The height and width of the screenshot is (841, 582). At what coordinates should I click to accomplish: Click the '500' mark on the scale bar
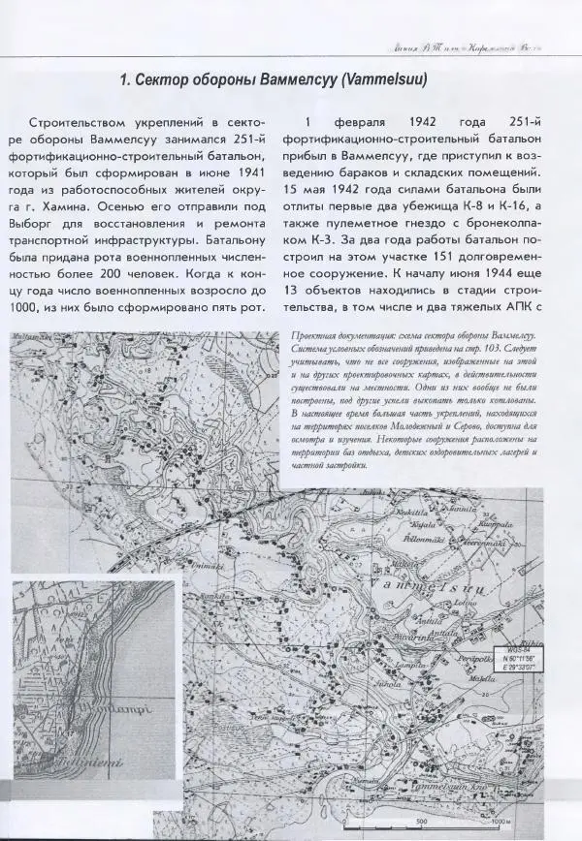pos(422,821)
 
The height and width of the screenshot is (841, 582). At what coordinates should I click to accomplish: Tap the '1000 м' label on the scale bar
pos(501,821)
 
